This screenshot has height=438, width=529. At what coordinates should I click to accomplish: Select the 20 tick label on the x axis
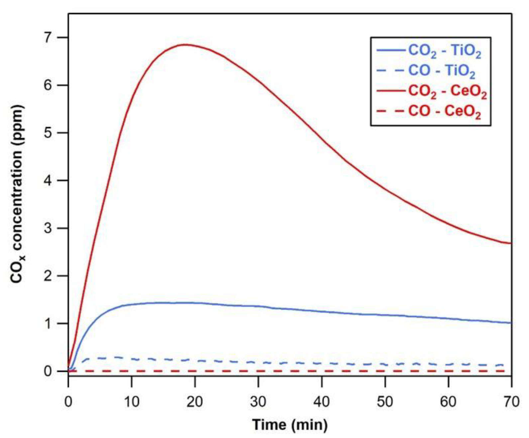(x=195, y=402)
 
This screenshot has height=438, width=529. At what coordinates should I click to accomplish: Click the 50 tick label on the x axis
(x=385, y=402)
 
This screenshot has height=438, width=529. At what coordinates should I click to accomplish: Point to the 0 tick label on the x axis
(x=68, y=402)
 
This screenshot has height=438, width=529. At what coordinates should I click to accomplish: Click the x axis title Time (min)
(x=290, y=425)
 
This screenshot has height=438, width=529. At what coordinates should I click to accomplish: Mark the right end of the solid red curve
(x=511, y=243)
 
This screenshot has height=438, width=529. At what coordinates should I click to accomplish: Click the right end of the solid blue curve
(x=511, y=323)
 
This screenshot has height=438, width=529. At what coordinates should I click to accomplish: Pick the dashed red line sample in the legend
(x=391, y=111)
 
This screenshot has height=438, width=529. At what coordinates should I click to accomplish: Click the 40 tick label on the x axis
(x=322, y=402)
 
